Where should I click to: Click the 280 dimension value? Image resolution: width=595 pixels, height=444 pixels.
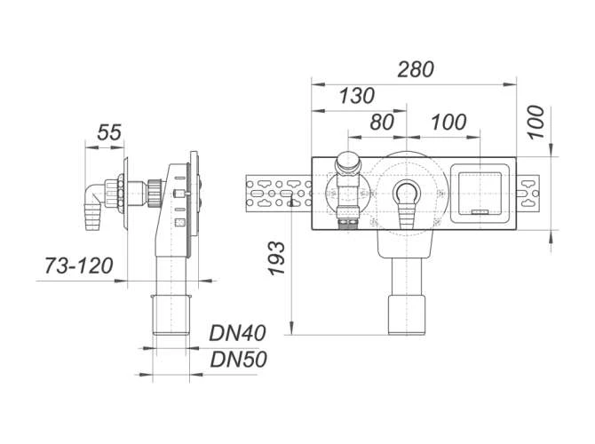(x=416, y=69)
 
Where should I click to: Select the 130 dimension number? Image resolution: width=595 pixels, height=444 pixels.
(x=357, y=96)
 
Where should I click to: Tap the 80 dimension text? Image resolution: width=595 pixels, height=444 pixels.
(x=382, y=123)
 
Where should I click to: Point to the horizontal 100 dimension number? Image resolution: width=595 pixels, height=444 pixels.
(x=448, y=123)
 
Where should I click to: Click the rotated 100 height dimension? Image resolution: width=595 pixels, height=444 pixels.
(x=535, y=123)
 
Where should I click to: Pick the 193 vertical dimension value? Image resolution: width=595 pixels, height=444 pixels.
(x=276, y=258)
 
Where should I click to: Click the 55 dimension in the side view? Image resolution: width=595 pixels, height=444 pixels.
(x=109, y=132)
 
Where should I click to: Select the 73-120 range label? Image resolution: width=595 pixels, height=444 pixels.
(x=79, y=266)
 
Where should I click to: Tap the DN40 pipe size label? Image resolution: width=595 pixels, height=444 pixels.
(x=237, y=333)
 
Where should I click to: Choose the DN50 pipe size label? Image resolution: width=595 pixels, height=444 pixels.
(x=238, y=359)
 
